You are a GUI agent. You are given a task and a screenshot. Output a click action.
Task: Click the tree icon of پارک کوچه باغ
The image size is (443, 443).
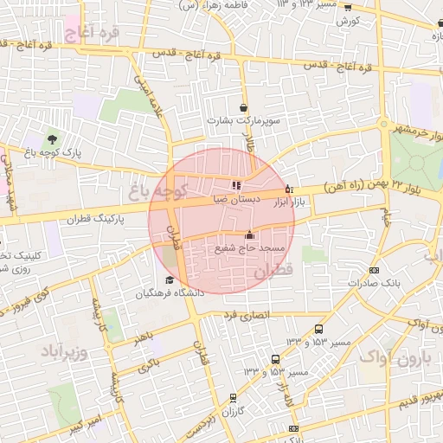click(54, 138)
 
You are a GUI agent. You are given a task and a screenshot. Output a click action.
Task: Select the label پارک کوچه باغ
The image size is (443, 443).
click(54, 151)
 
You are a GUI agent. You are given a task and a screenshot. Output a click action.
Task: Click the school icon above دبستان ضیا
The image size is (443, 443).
click(236, 184)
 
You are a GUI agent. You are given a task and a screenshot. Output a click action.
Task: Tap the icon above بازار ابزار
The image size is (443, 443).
click(289, 189)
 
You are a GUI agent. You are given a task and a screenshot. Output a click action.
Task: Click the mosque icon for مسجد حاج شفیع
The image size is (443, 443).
click(250, 234)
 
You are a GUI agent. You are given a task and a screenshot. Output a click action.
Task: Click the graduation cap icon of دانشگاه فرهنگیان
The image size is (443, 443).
click(170, 279)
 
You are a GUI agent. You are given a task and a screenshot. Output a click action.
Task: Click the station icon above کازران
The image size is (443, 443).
click(232, 398)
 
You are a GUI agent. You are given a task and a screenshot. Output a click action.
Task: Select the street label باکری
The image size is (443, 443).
click(149, 363)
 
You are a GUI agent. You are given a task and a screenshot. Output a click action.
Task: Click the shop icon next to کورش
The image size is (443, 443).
click(348, 8)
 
